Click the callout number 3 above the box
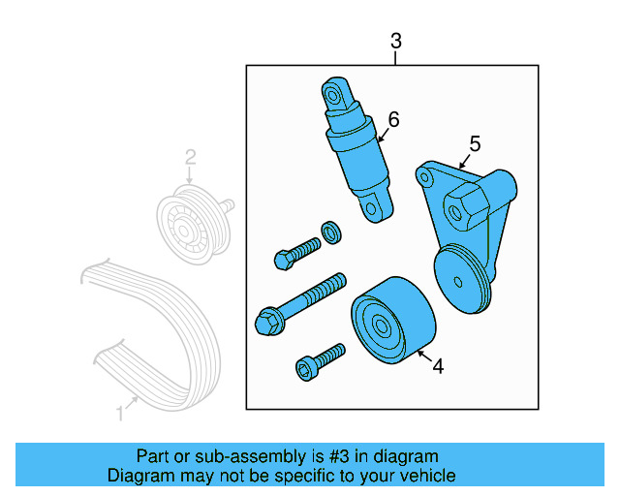(395, 41)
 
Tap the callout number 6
(393, 119)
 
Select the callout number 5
(475, 143)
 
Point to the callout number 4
(438, 366)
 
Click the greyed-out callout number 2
(191, 156)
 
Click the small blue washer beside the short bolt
(331, 231)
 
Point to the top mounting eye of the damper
(334, 95)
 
